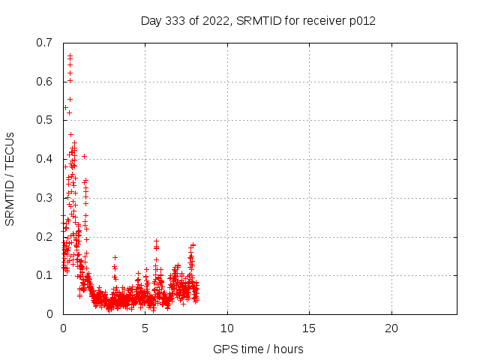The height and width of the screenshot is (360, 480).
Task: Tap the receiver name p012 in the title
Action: pyautogui.click(x=361, y=20)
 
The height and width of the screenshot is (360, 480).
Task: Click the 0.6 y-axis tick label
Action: pyautogui.click(x=44, y=81)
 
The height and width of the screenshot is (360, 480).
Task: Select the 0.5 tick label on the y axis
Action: pyautogui.click(x=44, y=120)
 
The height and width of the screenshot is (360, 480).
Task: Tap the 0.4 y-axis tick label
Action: pyautogui.click(x=44, y=159)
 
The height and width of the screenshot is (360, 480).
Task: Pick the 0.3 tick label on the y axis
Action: pyautogui.click(x=44, y=198)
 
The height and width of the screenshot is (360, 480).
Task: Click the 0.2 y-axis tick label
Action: pyautogui.click(x=44, y=236)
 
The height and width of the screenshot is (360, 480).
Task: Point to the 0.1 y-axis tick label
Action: pyautogui.click(x=44, y=275)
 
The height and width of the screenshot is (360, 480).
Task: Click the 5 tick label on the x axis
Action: pyautogui.click(x=145, y=328)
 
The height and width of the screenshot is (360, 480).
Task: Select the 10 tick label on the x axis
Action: pyautogui.click(x=226, y=328)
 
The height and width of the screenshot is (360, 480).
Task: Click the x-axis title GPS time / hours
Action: pyautogui.click(x=258, y=349)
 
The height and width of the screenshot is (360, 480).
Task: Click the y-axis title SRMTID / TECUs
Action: pyautogui.click(x=10, y=178)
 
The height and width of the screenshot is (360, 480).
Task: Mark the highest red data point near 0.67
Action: pyautogui.click(x=70, y=55)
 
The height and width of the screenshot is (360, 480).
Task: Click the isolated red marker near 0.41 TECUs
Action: pyautogui.click(x=84, y=156)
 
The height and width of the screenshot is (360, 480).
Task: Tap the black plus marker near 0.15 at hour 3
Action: pyautogui.click(x=115, y=257)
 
